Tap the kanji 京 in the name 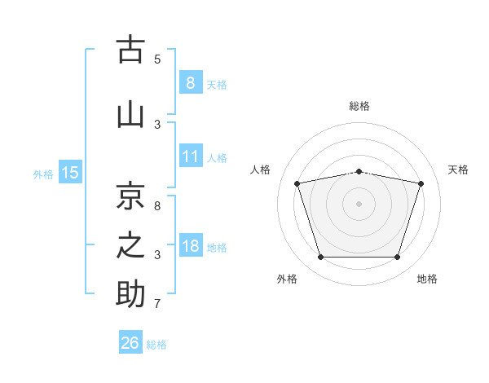click(x=130, y=196)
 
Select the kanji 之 click(x=130, y=245)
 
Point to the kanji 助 click(x=130, y=293)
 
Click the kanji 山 click(x=130, y=116)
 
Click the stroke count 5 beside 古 click(x=157, y=59)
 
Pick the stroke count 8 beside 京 click(x=157, y=206)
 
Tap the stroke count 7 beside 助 click(x=157, y=304)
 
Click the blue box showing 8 click(x=191, y=82)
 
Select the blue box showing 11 click(x=191, y=156)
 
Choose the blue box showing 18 click(x=191, y=244)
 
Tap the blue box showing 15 click(x=70, y=172)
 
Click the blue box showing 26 click(x=130, y=341)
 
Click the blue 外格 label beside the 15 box click(x=43, y=174)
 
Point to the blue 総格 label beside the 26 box click(x=156, y=345)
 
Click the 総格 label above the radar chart click(x=359, y=106)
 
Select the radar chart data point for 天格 click(x=421, y=183)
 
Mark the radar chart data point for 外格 click(x=321, y=257)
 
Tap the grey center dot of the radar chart click(x=359, y=204)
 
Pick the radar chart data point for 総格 click(x=359, y=172)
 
